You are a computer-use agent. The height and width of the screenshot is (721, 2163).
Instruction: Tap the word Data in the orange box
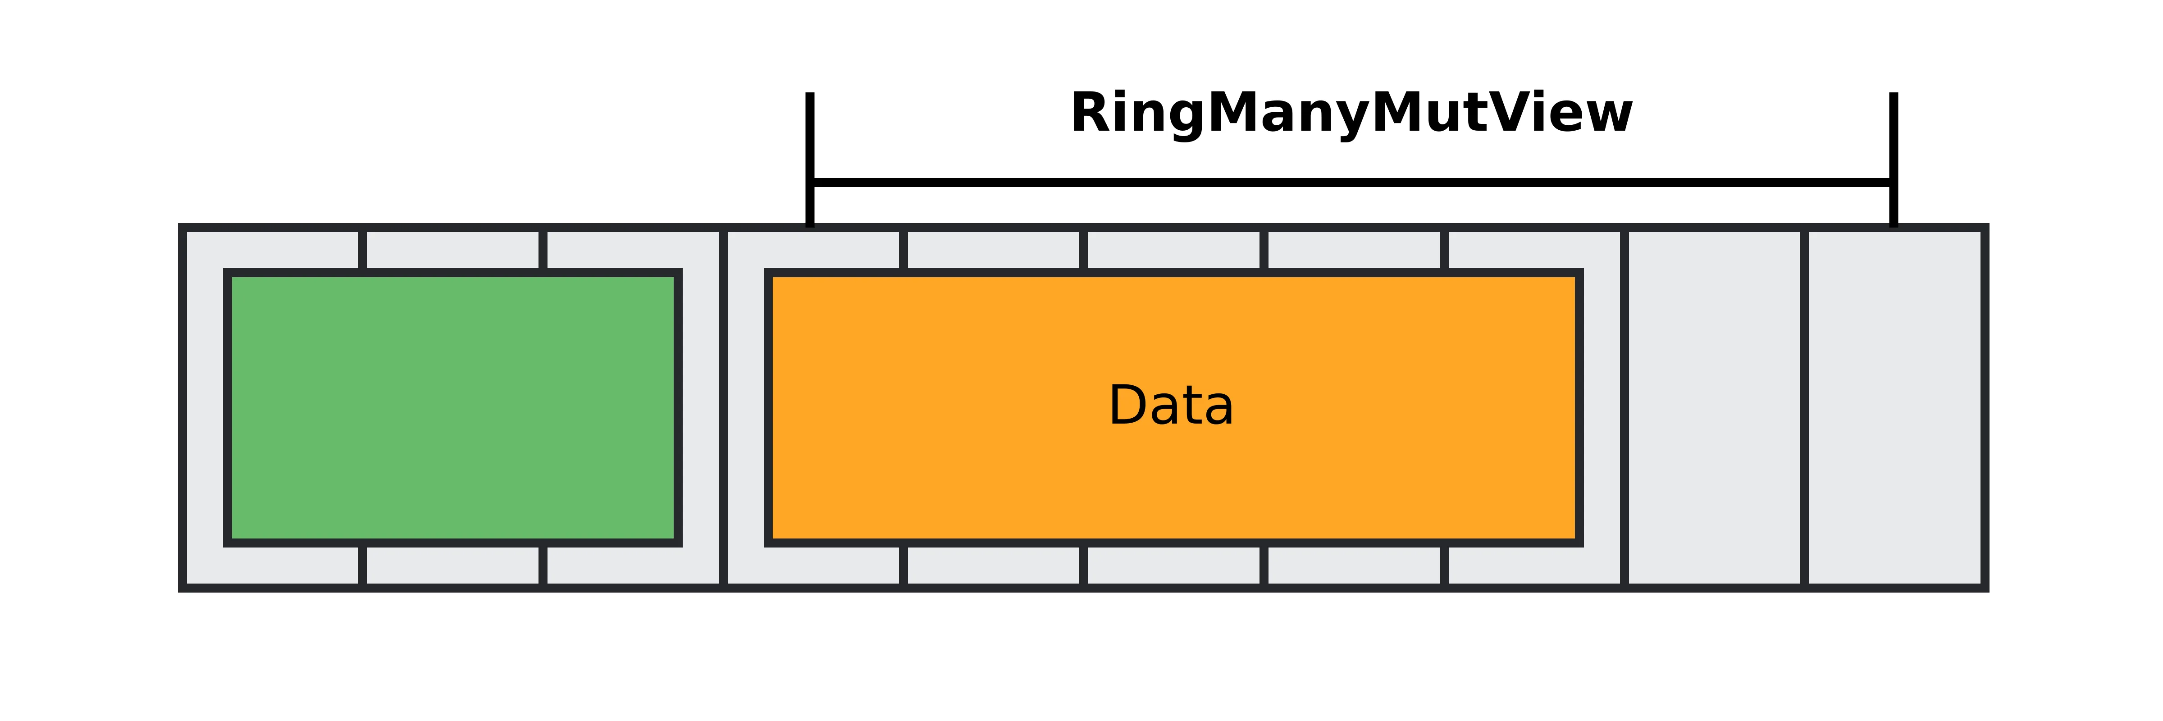(1171, 406)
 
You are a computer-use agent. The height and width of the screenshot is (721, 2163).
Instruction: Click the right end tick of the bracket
(1894, 160)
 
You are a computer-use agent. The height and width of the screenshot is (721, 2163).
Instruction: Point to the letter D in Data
(1127, 406)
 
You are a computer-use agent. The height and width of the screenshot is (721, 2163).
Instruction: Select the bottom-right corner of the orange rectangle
(1579, 542)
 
